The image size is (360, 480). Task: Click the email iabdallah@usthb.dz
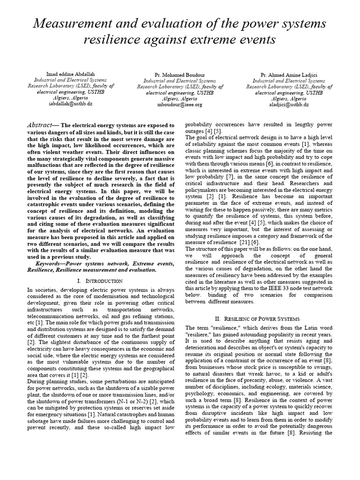pos(70,104)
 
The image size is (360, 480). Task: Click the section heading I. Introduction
pos(99,281)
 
